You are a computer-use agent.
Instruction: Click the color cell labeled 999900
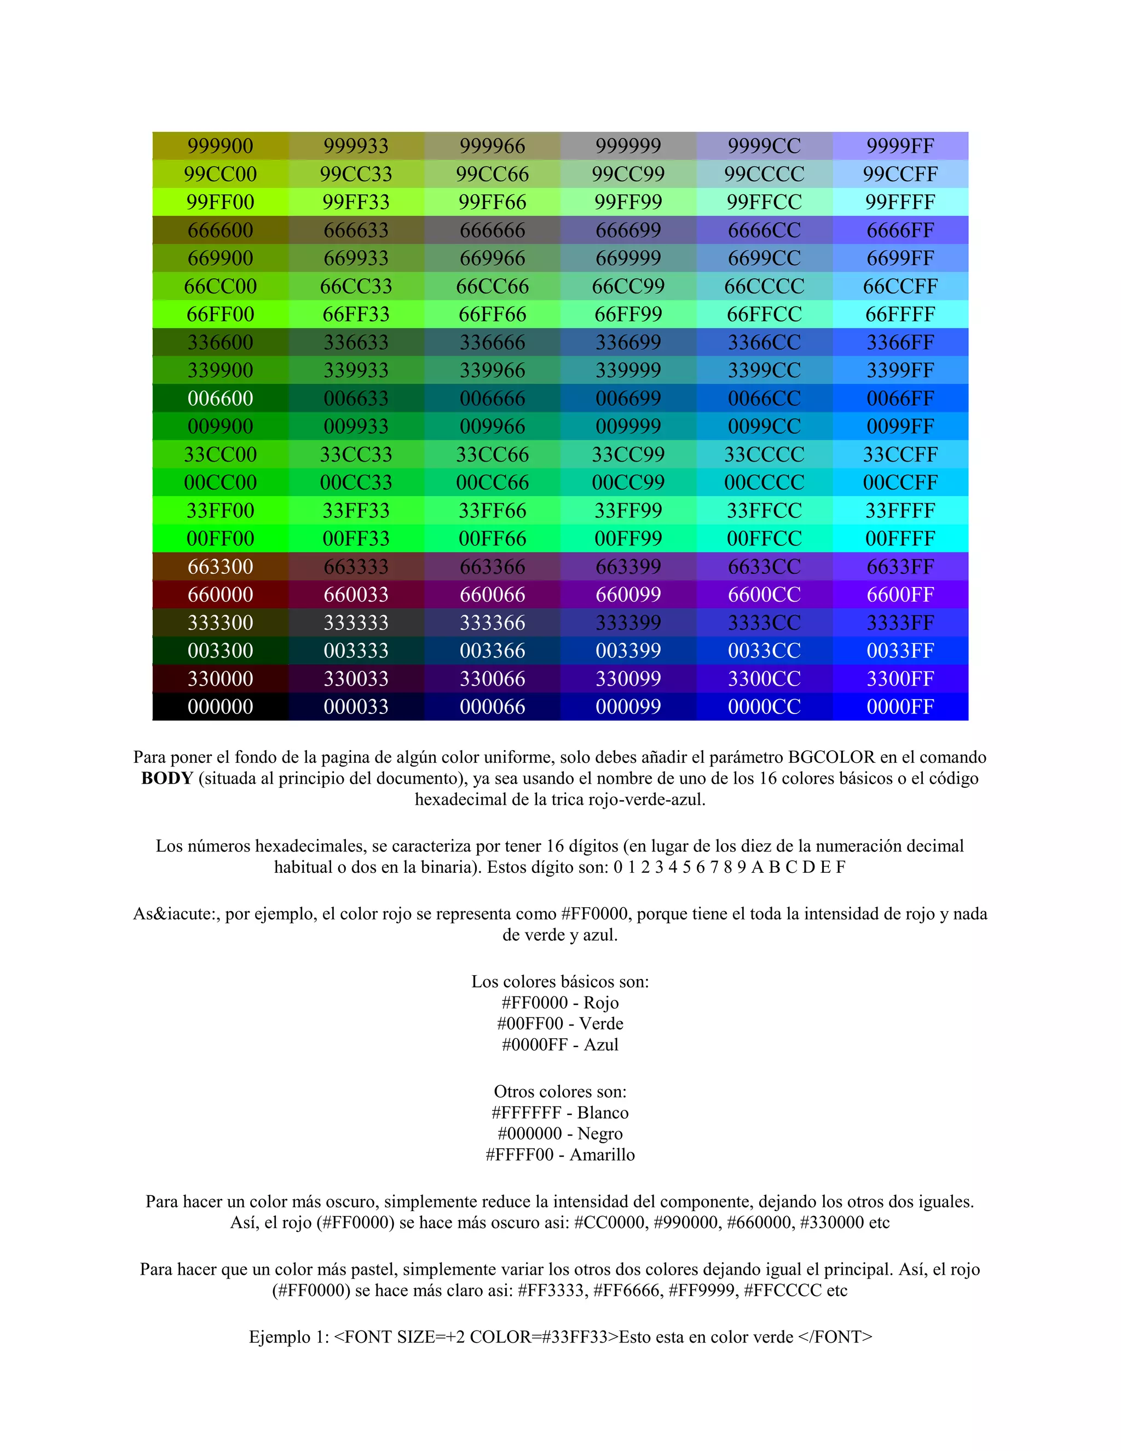(220, 146)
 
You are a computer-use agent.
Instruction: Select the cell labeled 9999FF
(900, 146)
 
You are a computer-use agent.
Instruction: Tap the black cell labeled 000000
(220, 706)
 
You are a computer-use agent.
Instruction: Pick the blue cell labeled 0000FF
(900, 706)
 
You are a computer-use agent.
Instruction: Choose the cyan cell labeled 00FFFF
(900, 538)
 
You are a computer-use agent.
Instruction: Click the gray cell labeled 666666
(492, 230)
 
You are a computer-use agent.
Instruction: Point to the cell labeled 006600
(220, 398)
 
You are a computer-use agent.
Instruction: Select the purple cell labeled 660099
(628, 594)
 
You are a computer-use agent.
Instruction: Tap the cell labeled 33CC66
(492, 454)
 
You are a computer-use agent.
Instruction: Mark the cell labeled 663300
(220, 566)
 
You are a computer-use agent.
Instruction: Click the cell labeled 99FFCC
(764, 201)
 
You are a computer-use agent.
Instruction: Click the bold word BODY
(167, 778)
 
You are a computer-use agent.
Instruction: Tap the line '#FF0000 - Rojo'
(560, 1002)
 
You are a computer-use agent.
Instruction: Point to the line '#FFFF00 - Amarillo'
(560, 1154)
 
